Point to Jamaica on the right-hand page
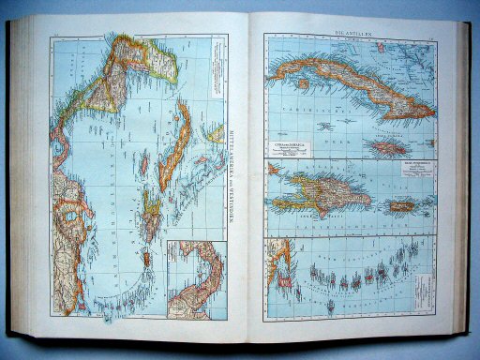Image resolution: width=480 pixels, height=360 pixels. [x=387, y=149]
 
